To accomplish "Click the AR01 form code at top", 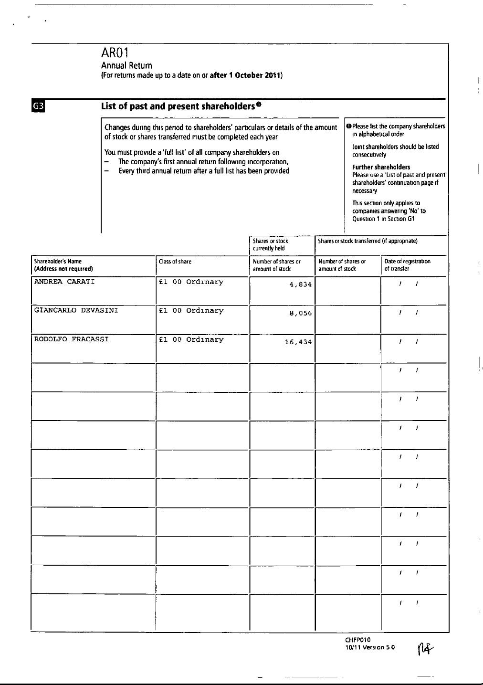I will coord(115,53).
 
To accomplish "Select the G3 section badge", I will coord(38,106).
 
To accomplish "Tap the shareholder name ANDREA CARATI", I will coord(64,282).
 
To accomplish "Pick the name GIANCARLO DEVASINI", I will coord(76,310).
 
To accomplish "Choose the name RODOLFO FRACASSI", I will coord(71,339).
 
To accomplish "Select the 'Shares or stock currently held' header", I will coord(271,244).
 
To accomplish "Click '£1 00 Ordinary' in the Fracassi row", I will coord(191,339).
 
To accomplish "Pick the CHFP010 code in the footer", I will coord(357,640).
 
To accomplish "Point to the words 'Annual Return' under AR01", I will coord(126,65).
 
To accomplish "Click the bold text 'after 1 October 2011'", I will coord(245,75).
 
